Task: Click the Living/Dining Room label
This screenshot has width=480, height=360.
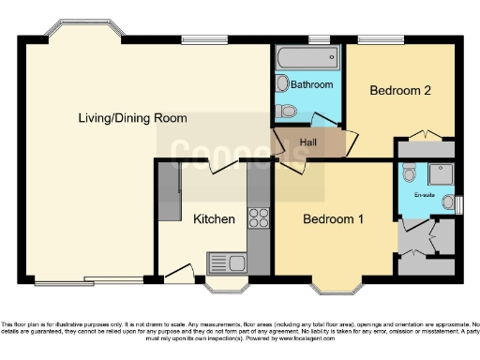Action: [x=132, y=118]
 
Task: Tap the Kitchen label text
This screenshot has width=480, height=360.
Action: [x=214, y=219]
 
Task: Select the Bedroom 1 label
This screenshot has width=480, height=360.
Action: [x=333, y=219]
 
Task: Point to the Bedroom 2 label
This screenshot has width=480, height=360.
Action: [x=400, y=91]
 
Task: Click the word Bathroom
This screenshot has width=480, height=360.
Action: [x=311, y=84]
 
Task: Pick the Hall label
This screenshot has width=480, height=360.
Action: [x=307, y=142]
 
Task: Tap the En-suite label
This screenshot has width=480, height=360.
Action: [x=426, y=195]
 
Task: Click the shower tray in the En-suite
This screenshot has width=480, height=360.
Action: [x=439, y=173]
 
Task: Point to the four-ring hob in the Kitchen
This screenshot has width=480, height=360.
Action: [x=259, y=217]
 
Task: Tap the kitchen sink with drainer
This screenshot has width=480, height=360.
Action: [x=226, y=261]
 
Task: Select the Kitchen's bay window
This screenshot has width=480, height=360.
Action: [x=226, y=282]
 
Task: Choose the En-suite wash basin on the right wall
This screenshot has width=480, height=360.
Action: [x=448, y=202]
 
